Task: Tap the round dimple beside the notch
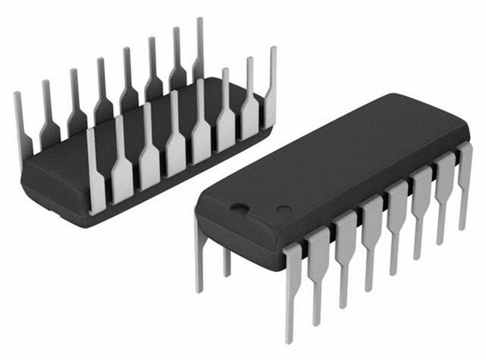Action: click(x=283, y=208)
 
